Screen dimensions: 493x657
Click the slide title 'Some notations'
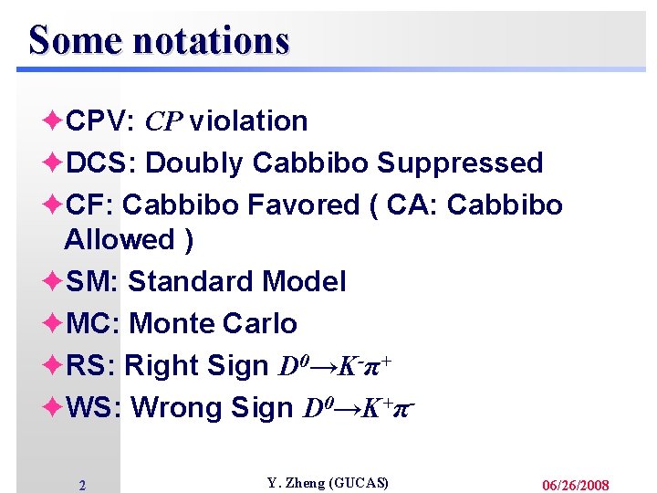tap(159, 40)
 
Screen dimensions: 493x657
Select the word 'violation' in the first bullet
tap(248, 121)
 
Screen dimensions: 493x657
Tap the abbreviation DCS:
tap(101, 163)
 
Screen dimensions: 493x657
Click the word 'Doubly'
tap(194, 163)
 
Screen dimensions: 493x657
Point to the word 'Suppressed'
tap(460, 163)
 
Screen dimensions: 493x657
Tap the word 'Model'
tap(303, 281)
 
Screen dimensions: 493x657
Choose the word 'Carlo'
tap(260, 323)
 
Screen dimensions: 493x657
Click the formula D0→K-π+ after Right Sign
tap(336, 366)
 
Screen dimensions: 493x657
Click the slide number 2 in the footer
tap(82, 486)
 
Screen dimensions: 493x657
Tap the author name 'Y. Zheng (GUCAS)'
tap(328, 483)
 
